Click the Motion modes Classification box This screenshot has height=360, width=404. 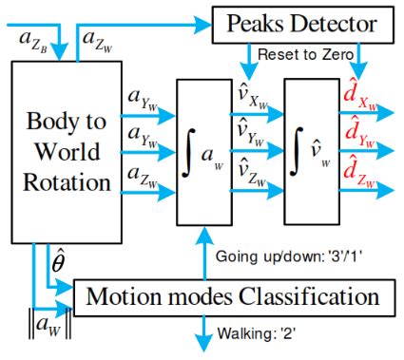tap(234, 296)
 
